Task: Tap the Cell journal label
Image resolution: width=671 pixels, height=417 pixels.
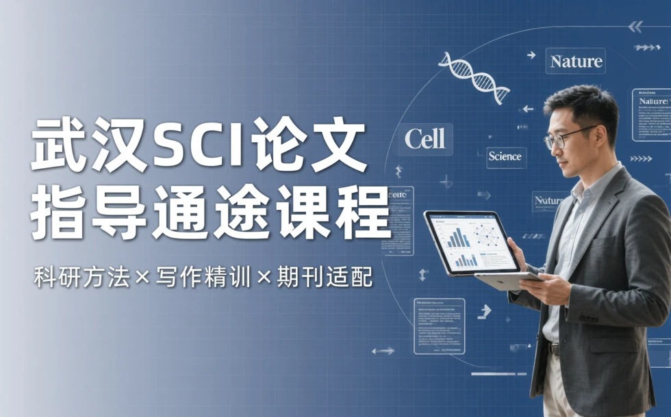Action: click(425, 139)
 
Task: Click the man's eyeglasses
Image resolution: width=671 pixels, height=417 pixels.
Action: click(566, 137)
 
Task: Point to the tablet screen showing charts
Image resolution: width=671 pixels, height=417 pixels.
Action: click(471, 243)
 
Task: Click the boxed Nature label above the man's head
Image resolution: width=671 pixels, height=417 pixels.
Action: click(576, 62)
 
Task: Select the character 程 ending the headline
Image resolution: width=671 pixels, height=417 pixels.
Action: click(362, 213)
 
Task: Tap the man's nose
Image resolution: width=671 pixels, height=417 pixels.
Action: click(553, 144)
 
